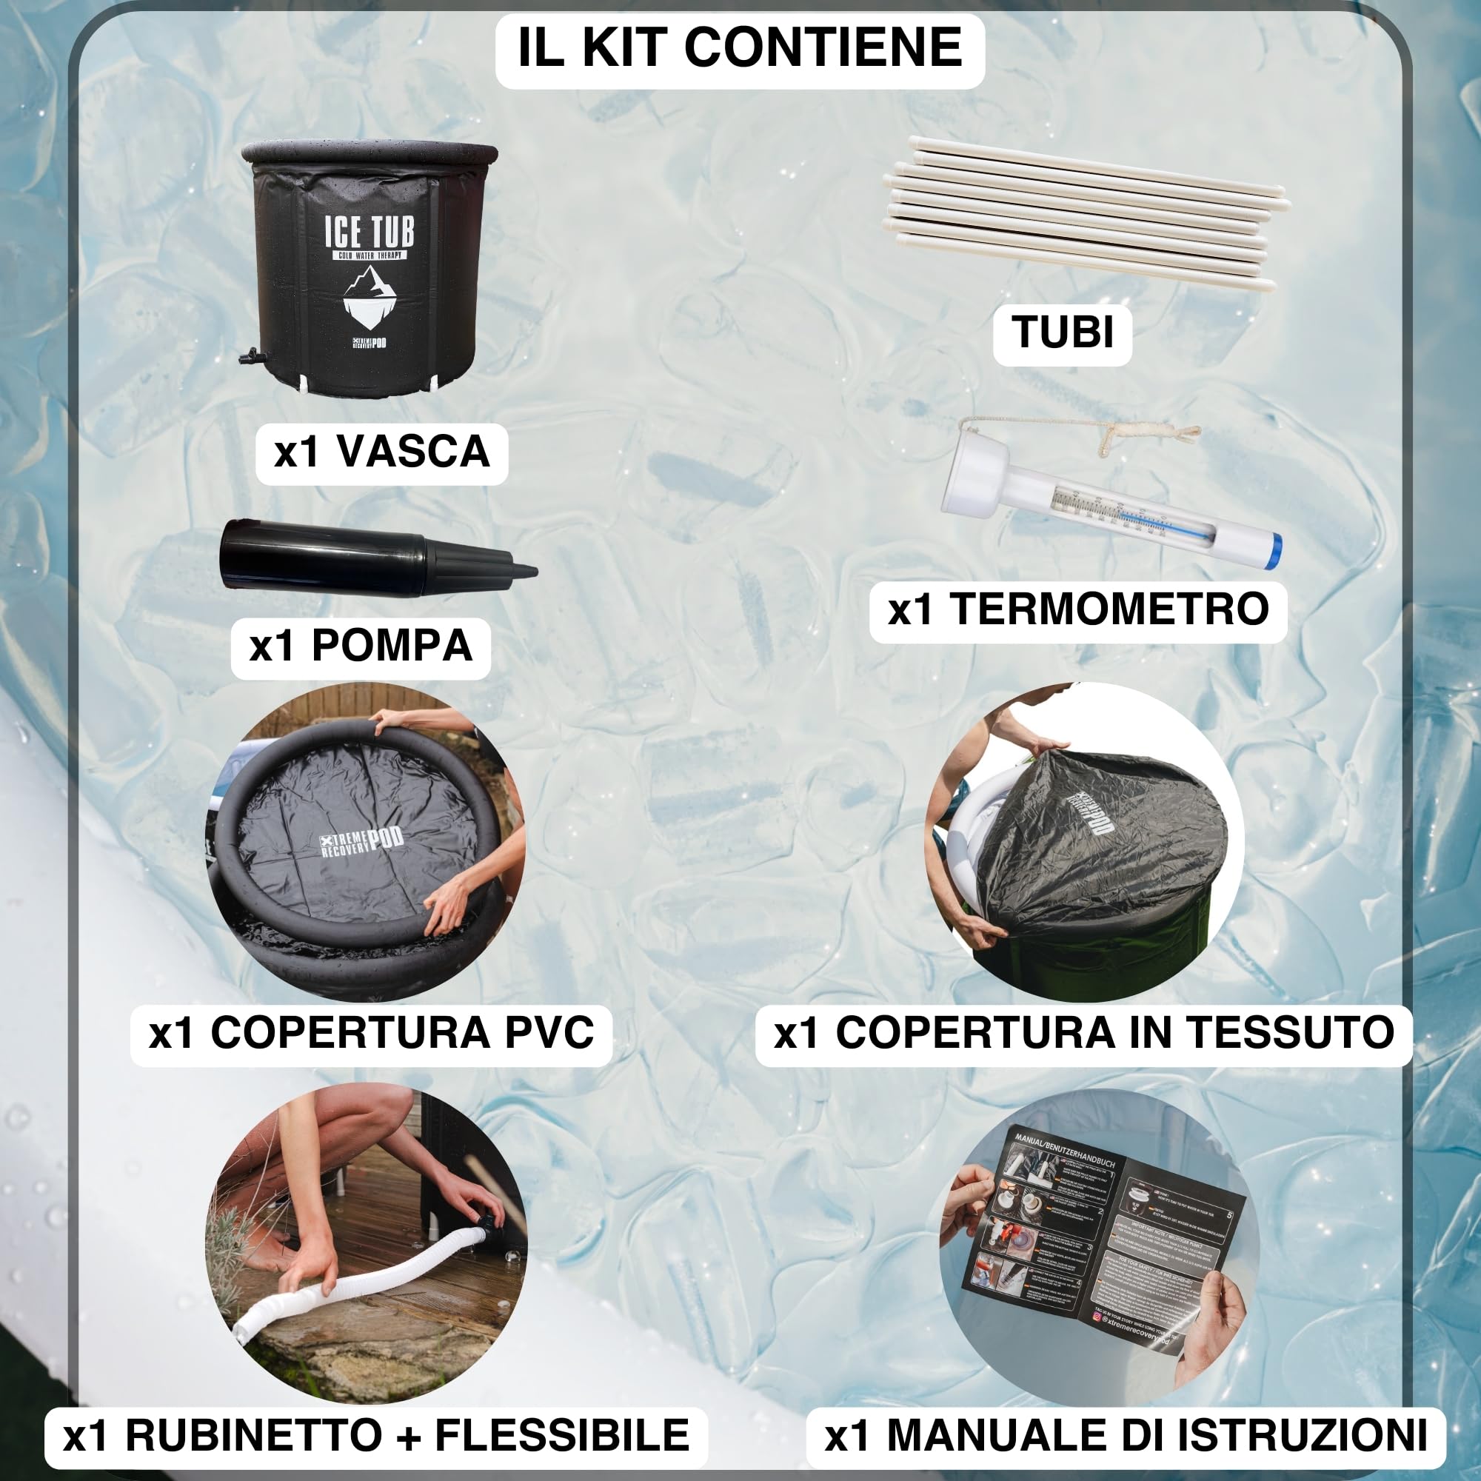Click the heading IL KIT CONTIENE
(740, 47)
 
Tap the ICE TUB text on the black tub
(370, 231)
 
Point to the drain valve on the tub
(250, 355)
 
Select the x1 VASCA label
(382, 452)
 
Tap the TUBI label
(1063, 332)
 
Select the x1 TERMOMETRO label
(1077, 609)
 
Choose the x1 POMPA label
(361, 646)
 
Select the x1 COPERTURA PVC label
(371, 1032)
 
